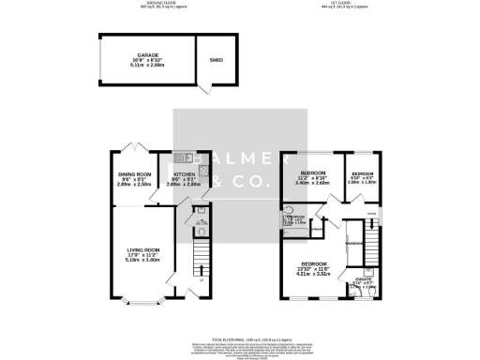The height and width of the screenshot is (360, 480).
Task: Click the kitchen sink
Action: click(x=187, y=156)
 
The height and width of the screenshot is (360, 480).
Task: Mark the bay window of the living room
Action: click(x=137, y=300)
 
